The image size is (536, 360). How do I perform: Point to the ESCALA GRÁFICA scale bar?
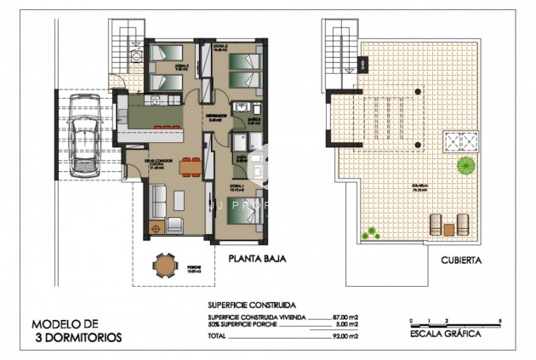click(455, 323)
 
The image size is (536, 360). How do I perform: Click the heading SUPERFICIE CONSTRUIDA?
click(251, 304)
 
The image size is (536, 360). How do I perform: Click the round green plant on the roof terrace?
click(465, 164)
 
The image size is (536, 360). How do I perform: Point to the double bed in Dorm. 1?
click(245, 210)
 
